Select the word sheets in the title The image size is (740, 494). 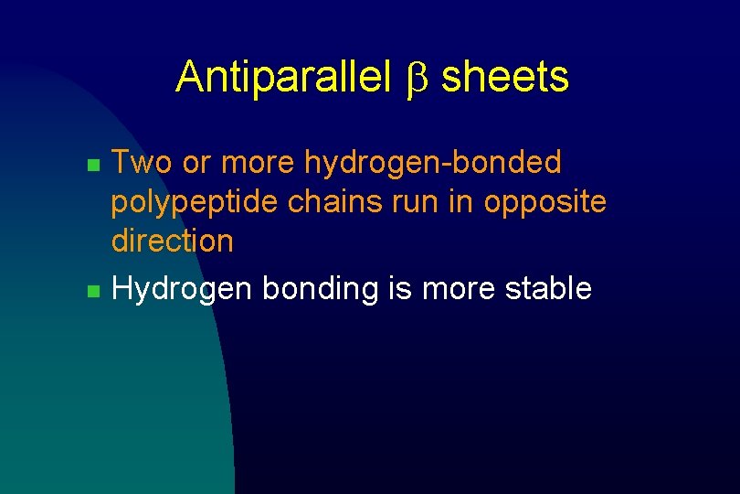coord(504,77)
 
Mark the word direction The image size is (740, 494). coord(172,242)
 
